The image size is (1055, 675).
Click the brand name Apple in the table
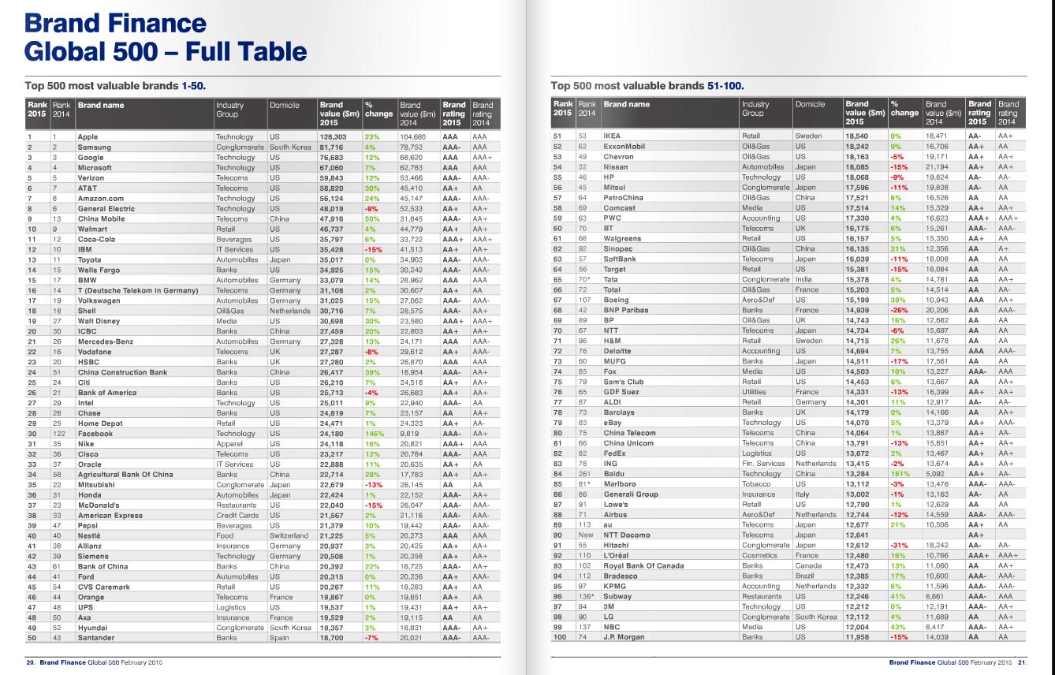coord(88,136)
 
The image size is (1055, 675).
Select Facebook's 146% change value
coord(374,433)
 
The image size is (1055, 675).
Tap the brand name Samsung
coord(95,147)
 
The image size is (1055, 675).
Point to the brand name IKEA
coord(613,136)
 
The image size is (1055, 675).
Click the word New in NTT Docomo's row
coord(586,535)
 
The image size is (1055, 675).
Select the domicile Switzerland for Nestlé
coord(291,535)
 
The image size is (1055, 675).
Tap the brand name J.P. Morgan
coord(624,637)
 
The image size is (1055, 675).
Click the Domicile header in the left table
coord(284,105)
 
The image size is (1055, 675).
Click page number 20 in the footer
coord(31,663)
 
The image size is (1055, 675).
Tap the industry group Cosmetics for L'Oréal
coord(760,555)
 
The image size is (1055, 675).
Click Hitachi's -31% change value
coord(898,545)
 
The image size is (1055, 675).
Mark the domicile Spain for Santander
coord(281,638)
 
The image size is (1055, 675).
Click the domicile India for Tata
coord(803,279)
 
